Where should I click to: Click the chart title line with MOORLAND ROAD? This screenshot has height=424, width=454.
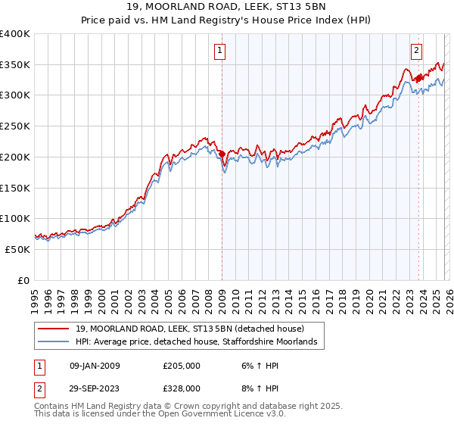[x=227, y=8]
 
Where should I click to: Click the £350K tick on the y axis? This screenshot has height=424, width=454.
[x=15, y=64]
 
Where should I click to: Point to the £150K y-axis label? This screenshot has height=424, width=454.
[x=15, y=187]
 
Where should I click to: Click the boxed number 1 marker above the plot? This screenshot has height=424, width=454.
[x=220, y=51]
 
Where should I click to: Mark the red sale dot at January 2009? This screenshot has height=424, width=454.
[x=222, y=154]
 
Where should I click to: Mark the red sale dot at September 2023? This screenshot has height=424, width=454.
[x=418, y=78]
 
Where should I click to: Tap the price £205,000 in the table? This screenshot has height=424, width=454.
[x=182, y=366]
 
